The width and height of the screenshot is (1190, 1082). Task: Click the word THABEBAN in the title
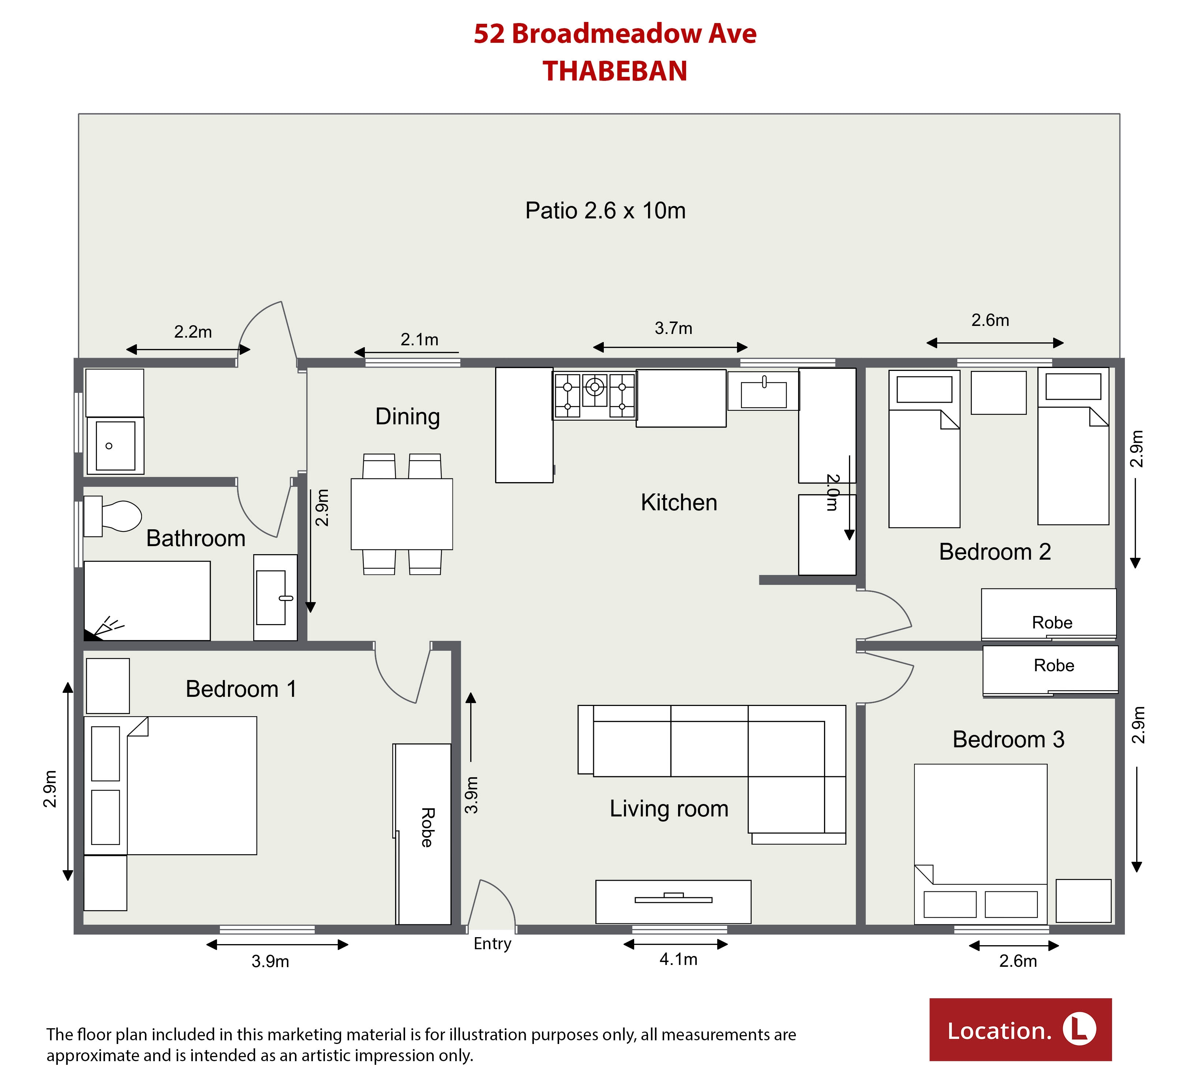615,71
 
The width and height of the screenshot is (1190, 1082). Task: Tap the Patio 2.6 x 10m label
606,211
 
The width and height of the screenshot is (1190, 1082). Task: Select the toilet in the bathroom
112,516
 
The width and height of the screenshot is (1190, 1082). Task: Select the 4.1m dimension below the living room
678,959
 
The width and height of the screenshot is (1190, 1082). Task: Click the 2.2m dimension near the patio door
193,332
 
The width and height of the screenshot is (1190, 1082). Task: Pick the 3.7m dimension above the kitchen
674,328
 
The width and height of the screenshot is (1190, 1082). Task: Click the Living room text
669,808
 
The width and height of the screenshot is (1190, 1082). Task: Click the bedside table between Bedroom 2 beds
998,392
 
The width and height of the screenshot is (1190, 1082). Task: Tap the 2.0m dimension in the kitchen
832,492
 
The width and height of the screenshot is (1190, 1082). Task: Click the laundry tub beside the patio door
115,446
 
